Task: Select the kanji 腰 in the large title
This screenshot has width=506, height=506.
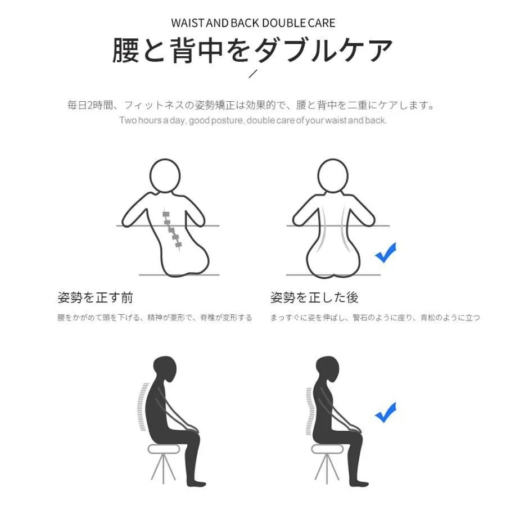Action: (126, 50)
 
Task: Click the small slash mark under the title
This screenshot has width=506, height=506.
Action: (254, 74)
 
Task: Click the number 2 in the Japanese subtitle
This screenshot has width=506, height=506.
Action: (91, 105)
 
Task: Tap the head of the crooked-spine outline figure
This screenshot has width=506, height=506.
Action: (165, 176)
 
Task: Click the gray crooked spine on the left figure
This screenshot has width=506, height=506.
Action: (172, 230)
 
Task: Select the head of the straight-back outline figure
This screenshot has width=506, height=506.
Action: (333, 176)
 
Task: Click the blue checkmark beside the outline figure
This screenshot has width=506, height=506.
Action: (386, 252)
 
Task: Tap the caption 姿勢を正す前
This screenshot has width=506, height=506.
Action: (95, 297)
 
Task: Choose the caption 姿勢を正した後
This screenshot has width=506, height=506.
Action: (314, 297)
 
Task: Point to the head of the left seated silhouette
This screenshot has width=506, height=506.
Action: (165, 369)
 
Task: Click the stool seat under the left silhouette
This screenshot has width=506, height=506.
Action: (163, 449)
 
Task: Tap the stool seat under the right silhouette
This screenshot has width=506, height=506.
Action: (327, 449)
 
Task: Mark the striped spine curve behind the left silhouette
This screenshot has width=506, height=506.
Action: (142, 406)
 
